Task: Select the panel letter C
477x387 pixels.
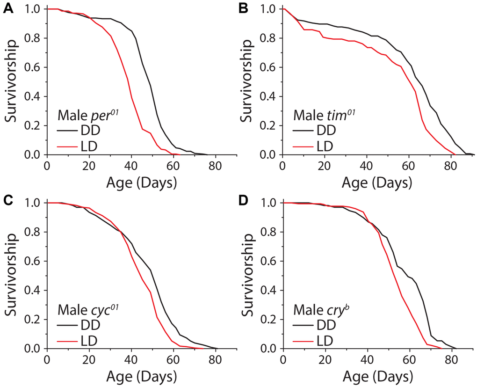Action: point(8,202)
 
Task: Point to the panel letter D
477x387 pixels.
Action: point(244,202)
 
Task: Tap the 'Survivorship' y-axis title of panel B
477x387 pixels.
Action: point(247,81)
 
